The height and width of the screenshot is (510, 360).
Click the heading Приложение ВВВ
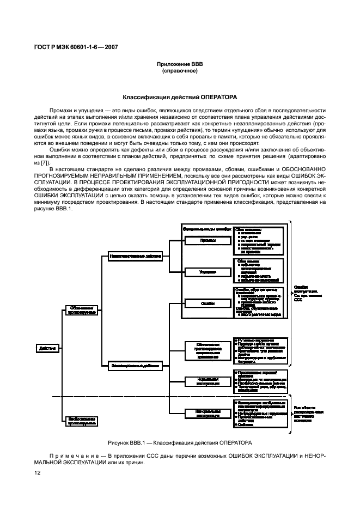tap(180, 64)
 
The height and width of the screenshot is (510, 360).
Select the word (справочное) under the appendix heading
tap(180, 71)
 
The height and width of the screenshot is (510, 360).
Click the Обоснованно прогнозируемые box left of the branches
tap(82, 310)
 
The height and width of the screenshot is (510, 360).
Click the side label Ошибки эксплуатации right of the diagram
tap(307, 292)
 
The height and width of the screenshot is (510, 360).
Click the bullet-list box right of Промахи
tap(259, 239)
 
